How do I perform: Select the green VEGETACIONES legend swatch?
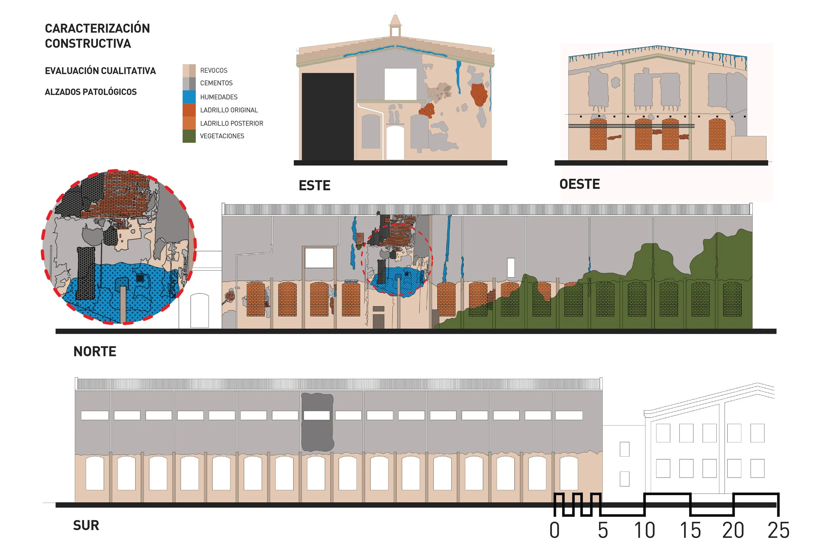coord(189,136)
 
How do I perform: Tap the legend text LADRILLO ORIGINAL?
coord(229,110)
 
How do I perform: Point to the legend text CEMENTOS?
coord(216,83)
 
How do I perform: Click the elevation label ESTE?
coord(314,186)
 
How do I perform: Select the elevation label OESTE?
coord(580,184)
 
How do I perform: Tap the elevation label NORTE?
coord(95,351)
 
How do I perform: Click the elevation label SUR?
coord(86,525)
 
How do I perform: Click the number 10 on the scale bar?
coord(644,530)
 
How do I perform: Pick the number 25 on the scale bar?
coord(779,530)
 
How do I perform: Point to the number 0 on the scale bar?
coord(554,530)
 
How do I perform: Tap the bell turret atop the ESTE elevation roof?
coord(395,25)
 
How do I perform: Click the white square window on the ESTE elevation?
coord(400,84)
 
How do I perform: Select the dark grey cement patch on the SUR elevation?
coord(317,422)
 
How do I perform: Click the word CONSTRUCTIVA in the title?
coord(88,44)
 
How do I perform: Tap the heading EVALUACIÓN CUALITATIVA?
coord(100,71)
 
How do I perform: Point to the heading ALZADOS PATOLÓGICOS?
coord(91,92)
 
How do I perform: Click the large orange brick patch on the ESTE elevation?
coord(479,94)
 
